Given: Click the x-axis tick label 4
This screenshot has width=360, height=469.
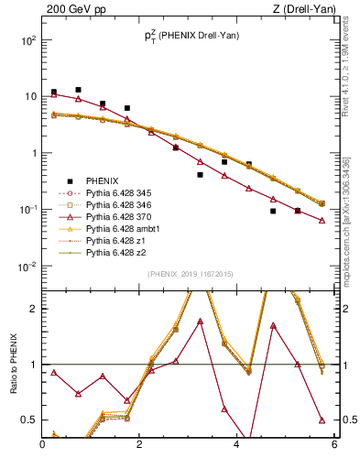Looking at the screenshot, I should tap(237, 446).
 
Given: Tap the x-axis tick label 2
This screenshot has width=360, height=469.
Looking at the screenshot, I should tap(140, 446).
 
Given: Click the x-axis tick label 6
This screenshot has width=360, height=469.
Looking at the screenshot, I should tap(334, 446).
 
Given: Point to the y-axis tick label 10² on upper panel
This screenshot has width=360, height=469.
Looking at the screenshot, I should tap(27, 40).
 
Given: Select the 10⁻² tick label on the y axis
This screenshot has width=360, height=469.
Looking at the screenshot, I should tap(27, 267).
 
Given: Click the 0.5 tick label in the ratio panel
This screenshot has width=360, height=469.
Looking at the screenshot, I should tap(28, 420).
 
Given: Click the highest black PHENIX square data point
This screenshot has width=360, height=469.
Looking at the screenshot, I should tap(79, 90).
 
